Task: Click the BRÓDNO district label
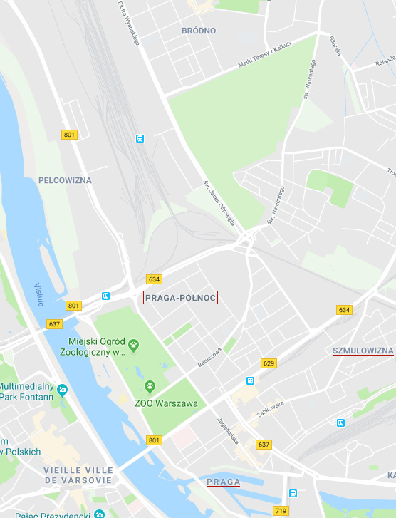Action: tap(198, 31)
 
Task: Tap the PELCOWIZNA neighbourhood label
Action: tap(66, 180)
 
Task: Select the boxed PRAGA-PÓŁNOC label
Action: tap(180, 298)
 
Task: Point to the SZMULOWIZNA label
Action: tap(363, 351)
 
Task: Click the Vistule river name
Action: tap(39, 294)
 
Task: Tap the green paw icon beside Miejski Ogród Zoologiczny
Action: tap(133, 346)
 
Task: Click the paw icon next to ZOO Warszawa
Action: tap(150, 387)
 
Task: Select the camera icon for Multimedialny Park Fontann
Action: tap(62, 390)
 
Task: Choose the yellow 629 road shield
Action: tap(269, 363)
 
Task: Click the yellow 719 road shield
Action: tap(281, 511)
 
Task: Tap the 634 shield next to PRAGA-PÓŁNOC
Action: tap(154, 279)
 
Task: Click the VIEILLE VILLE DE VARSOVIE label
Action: tap(78, 475)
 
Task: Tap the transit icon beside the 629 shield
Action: tap(250, 380)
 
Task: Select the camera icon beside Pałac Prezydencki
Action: tap(99, 514)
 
